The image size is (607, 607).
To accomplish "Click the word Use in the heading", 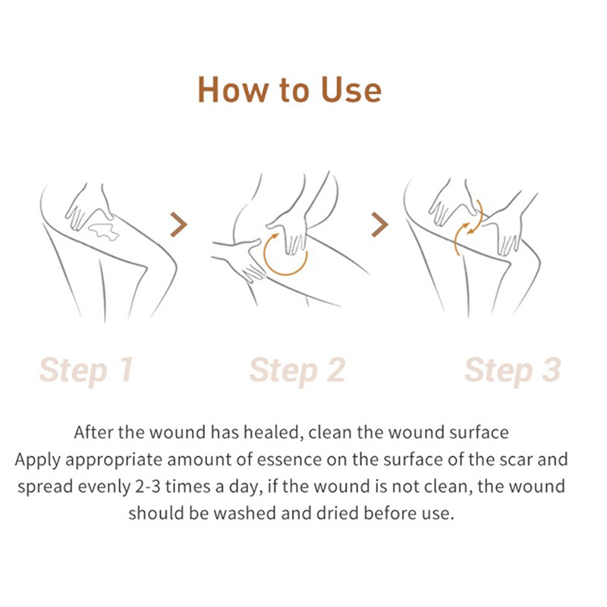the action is pyautogui.click(x=351, y=90).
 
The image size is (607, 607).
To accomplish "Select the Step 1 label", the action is pyautogui.click(x=86, y=370).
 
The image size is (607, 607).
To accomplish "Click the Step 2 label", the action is pyautogui.click(x=297, y=370).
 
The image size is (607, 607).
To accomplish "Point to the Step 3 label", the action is pyautogui.click(x=513, y=370).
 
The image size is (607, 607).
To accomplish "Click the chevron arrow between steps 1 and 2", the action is pyautogui.click(x=179, y=225).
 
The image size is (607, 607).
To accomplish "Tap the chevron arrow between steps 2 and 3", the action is pyautogui.click(x=380, y=225).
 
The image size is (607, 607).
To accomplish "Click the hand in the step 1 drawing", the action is pyautogui.click(x=88, y=207).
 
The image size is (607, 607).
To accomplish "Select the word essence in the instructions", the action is pyautogui.click(x=289, y=460).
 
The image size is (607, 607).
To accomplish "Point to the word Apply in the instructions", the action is pyautogui.click(x=37, y=461).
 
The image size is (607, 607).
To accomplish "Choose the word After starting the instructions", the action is pyautogui.click(x=93, y=432).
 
